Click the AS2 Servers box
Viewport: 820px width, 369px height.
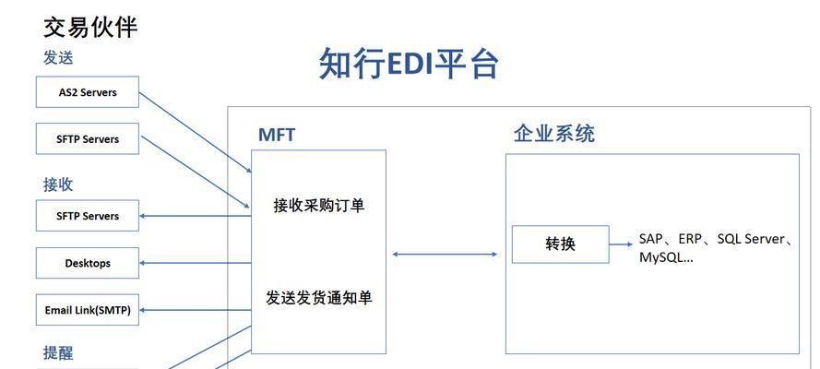[x=88, y=92]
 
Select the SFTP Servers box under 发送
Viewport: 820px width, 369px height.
[x=88, y=138]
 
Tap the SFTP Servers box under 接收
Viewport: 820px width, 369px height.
[x=88, y=215]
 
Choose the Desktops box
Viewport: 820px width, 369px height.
[x=88, y=263]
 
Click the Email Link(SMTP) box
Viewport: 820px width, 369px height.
[x=88, y=310]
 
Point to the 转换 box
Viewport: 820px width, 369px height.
[x=560, y=244]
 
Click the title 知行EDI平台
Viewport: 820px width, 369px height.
[x=409, y=64]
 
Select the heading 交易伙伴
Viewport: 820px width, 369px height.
[x=90, y=27]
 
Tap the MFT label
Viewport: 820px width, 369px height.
[x=277, y=135]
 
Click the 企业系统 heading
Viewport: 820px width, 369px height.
[x=553, y=134]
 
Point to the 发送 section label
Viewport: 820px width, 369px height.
[x=58, y=57]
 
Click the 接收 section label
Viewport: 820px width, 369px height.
[x=58, y=184]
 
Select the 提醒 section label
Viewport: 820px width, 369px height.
[x=58, y=352]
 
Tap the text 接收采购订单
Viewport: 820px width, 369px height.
[x=318, y=206]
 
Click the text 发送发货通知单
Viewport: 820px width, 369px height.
[x=318, y=299]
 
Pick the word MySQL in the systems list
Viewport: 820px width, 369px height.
[x=661, y=257]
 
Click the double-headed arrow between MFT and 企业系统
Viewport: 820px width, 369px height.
[x=445, y=255]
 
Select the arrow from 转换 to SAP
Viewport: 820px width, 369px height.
[x=621, y=244]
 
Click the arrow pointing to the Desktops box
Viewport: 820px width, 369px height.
[x=195, y=263]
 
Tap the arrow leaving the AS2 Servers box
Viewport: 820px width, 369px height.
[x=195, y=132]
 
